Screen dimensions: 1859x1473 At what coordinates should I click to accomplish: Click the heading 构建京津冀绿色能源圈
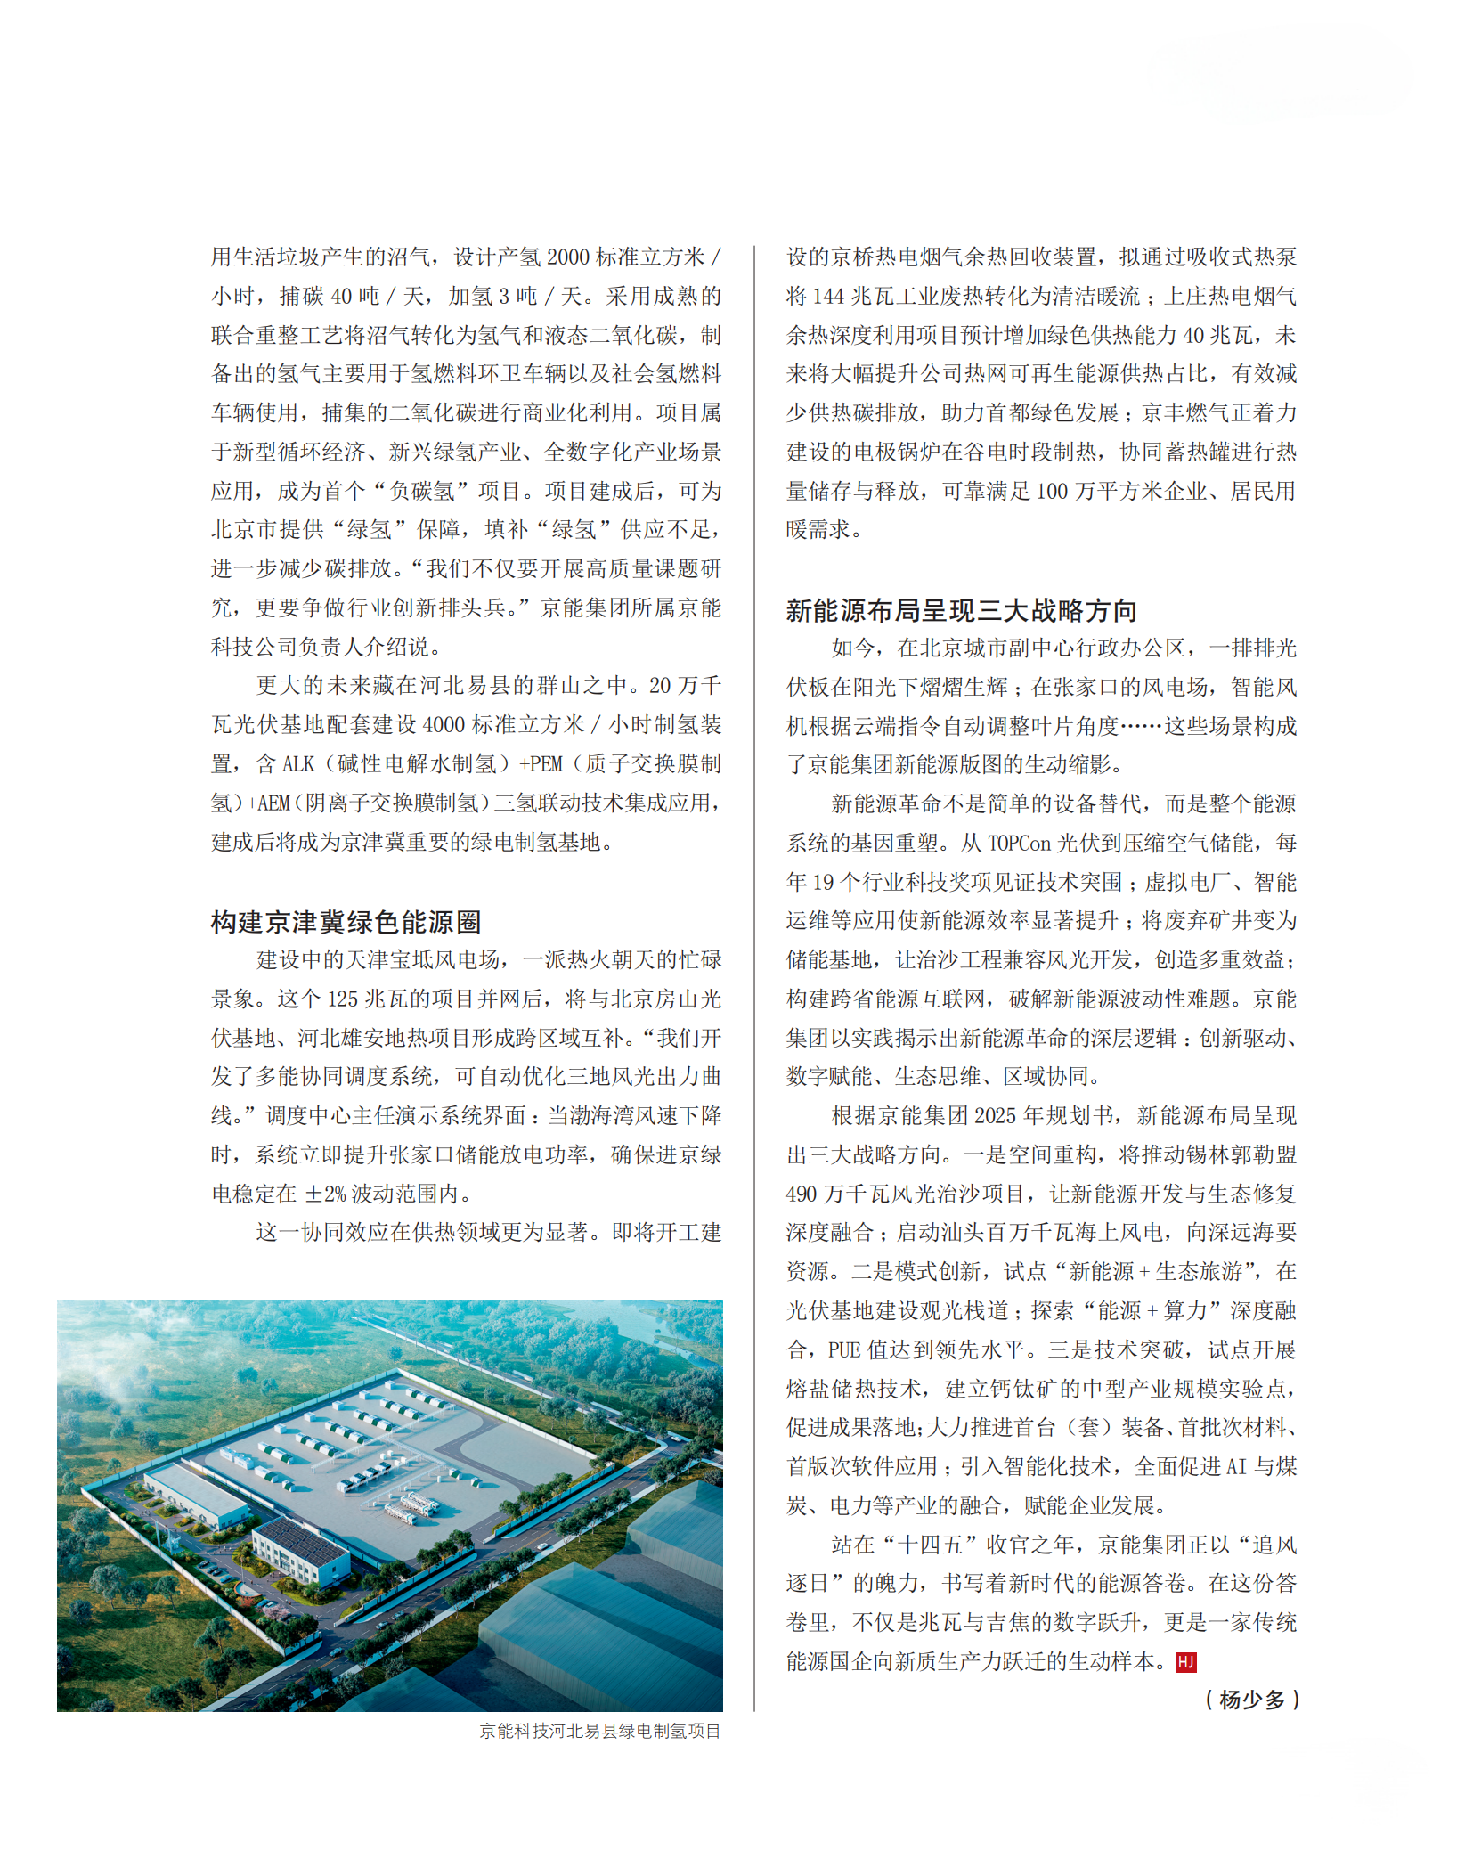(346, 922)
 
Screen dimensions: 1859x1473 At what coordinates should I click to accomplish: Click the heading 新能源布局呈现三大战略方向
(961, 610)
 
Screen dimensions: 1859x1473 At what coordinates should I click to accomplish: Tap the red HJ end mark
(1185, 1662)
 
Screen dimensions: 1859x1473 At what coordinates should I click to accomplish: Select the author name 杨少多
(1252, 1700)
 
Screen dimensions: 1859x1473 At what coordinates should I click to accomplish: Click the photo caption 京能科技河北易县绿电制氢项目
(599, 1731)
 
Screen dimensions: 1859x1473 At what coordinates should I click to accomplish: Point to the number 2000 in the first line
(567, 257)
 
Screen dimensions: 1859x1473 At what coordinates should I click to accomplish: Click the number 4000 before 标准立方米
(444, 725)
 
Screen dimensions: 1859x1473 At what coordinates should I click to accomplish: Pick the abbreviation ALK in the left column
(297, 764)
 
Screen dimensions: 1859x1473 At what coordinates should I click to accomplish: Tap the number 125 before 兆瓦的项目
(342, 999)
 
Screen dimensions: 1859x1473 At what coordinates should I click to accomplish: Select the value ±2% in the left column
(327, 1194)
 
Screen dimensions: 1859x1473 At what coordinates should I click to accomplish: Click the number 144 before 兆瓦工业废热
(828, 297)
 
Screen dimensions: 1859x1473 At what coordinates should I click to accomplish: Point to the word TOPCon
(1019, 844)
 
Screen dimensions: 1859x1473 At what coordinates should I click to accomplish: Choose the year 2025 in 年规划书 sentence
(995, 1116)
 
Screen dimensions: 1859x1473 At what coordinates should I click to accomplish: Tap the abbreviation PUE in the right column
(844, 1350)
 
